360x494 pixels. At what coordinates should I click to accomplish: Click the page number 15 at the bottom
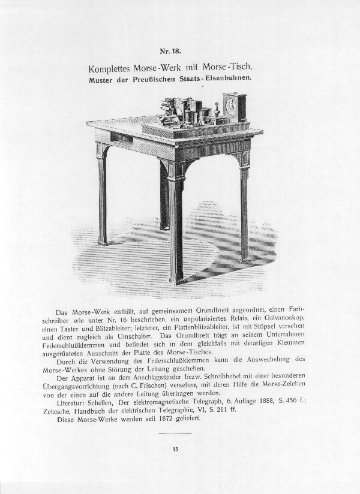pyautogui.click(x=176, y=448)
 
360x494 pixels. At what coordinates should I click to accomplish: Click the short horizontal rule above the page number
pyautogui.click(x=176, y=432)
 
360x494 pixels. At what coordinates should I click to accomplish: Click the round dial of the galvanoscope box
pyautogui.click(x=230, y=106)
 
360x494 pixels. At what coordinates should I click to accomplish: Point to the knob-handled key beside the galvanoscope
pyautogui.click(x=217, y=112)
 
